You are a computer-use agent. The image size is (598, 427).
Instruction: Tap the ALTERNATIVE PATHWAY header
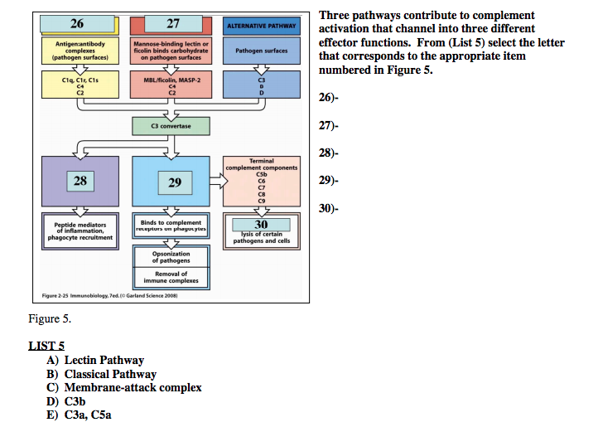262,26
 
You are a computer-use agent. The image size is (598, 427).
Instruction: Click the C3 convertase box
171,126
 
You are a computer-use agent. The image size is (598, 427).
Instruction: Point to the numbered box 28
80,180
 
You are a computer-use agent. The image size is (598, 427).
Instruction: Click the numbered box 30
261,224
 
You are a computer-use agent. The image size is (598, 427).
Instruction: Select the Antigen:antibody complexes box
80,51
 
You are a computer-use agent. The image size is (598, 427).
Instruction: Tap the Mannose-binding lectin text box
171,51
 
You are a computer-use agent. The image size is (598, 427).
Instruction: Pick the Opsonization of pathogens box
171,257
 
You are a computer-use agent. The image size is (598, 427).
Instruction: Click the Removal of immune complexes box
171,277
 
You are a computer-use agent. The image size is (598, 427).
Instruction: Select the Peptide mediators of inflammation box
80,230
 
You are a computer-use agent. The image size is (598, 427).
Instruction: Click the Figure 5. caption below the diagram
50,318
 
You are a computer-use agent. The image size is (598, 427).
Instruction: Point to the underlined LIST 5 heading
46,346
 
